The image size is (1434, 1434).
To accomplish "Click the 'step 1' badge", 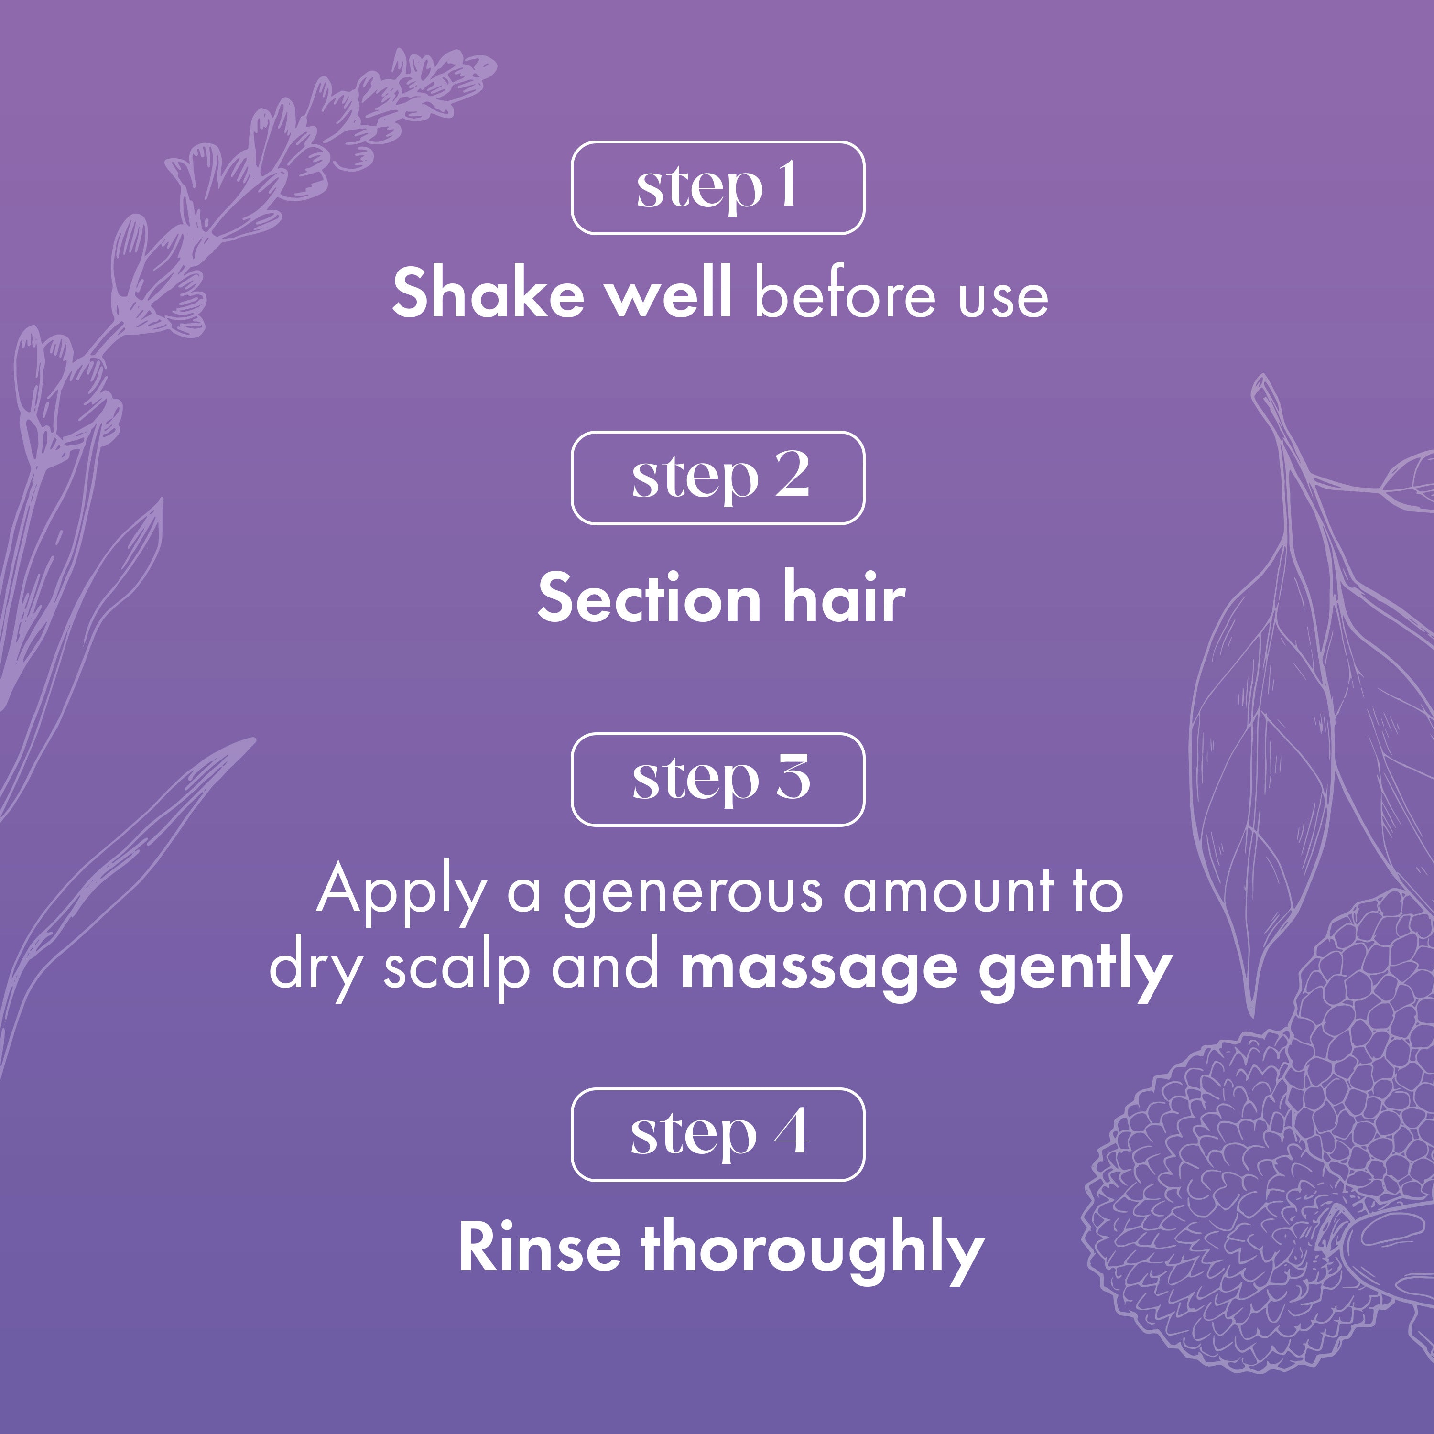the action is pyautogui.click(x=718, y=188).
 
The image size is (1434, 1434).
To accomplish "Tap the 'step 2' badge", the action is pyautogui.click(x=718, y=478).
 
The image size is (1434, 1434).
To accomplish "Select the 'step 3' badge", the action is pyautogui.click(x=718, y=779).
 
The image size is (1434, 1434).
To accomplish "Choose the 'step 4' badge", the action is pyautogui.click(x=718, y=1134).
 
